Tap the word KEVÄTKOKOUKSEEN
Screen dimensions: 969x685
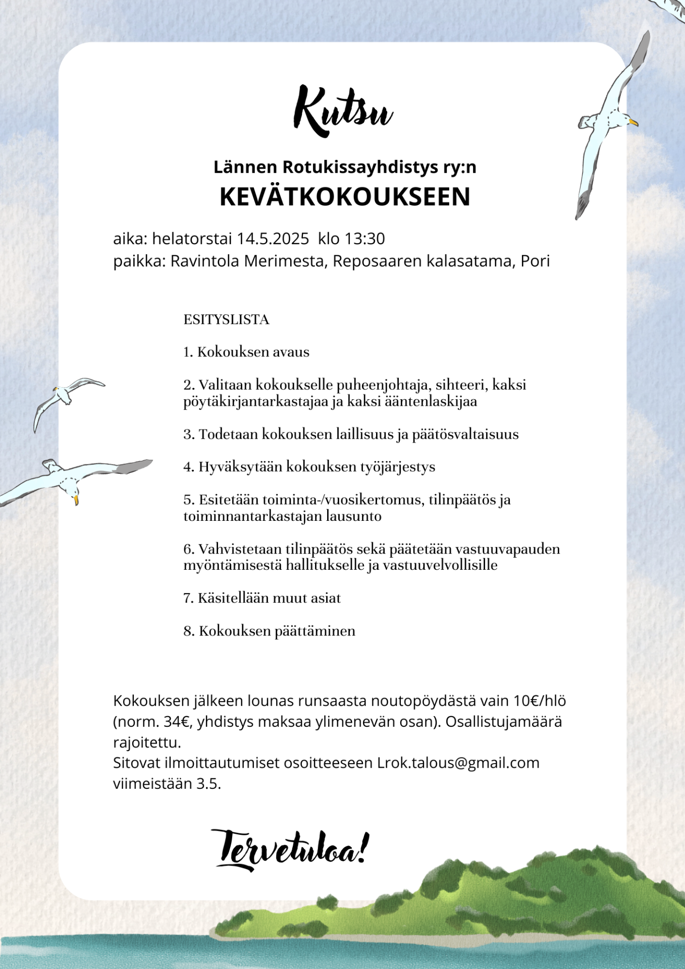(345, 197)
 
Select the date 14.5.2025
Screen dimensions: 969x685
(273, 239)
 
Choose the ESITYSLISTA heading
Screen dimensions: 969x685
(226, 320)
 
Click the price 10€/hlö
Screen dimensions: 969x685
(540, 701)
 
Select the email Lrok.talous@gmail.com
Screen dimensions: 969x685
(458, 763)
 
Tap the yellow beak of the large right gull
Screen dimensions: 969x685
(634, 122)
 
